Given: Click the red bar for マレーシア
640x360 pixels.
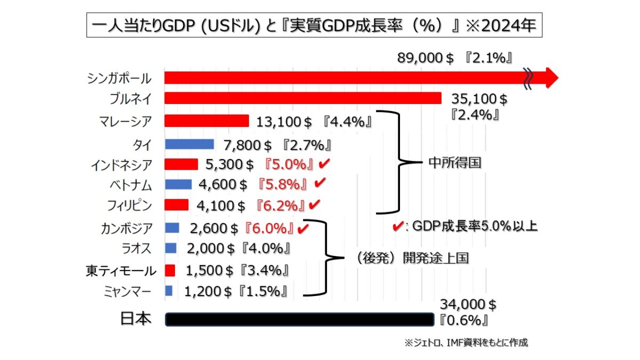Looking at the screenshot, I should pos(206,121).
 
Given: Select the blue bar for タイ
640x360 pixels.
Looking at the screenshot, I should pos(189,144).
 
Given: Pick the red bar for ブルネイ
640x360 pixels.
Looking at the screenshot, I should pos(303,99).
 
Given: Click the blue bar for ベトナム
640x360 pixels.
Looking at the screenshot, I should pos(178,185).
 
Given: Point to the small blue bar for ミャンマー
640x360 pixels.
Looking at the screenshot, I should pos(169,291).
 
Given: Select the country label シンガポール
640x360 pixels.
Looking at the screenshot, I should pos(119,78).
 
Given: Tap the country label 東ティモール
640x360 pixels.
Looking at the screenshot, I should pos(121,271).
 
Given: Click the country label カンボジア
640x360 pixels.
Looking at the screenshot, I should pos(126,229).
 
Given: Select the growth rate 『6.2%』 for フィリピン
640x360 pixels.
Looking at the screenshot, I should pos(280,204).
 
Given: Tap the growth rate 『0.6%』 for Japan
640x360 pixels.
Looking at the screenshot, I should pos(462,321).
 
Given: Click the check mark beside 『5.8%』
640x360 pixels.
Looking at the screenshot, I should pos(320,183).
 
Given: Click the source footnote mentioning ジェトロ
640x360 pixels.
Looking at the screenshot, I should pos(466,342).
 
